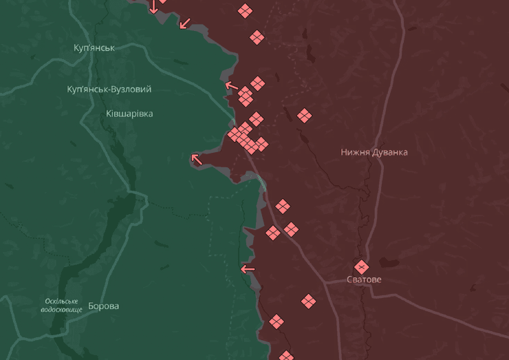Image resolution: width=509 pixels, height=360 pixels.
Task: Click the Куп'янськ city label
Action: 94,47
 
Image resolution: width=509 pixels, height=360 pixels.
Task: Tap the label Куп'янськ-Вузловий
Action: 109,89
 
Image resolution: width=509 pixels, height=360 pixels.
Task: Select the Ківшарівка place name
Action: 129,113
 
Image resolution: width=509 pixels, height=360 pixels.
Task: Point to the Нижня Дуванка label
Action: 374,152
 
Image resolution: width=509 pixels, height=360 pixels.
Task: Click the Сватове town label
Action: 364,279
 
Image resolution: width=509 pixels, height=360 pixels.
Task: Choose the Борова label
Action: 103,306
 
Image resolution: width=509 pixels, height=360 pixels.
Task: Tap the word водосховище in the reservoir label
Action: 61,310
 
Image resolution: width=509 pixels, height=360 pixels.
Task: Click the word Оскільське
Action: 62,301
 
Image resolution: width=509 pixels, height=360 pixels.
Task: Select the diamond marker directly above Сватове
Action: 362,266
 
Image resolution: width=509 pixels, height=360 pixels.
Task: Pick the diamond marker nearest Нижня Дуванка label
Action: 305,116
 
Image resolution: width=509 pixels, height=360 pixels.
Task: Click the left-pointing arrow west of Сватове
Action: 248,268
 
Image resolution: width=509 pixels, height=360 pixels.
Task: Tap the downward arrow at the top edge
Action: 153,7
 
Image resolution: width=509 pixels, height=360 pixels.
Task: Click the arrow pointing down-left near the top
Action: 184,23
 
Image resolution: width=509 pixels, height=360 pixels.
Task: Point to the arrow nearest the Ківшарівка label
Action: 197,159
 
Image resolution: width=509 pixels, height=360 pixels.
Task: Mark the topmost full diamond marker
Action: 245,10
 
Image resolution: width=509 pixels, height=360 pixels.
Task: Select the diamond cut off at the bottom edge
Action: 286,356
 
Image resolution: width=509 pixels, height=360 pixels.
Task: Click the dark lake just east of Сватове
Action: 389,262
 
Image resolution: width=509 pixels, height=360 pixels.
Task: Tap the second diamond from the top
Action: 257,37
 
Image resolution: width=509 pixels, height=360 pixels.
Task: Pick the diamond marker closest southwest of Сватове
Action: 308,301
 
